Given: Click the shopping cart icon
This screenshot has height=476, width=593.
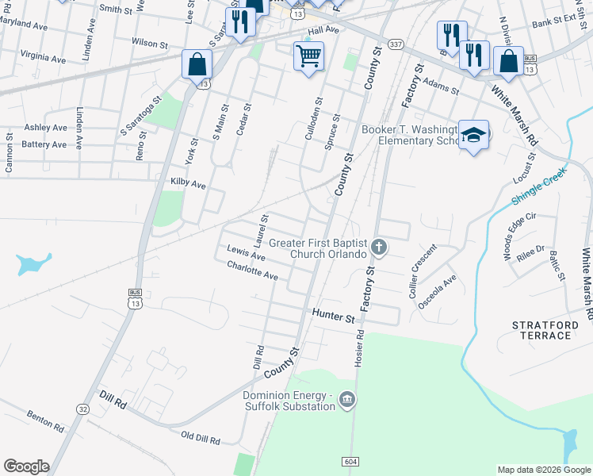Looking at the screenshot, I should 308,56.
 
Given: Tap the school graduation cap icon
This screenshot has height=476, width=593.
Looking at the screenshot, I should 474,136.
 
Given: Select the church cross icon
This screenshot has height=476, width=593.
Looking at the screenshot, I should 379,248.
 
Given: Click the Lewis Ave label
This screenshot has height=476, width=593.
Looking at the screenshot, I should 246,253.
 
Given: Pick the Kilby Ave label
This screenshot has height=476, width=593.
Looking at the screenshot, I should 188,184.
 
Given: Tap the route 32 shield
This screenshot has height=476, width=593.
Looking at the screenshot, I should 82,408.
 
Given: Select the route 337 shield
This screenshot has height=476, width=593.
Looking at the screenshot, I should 395,42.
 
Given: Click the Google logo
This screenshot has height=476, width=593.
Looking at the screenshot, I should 25,466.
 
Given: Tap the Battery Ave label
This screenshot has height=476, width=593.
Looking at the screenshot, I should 45,144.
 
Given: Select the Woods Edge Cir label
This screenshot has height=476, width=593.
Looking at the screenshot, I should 521,227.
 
